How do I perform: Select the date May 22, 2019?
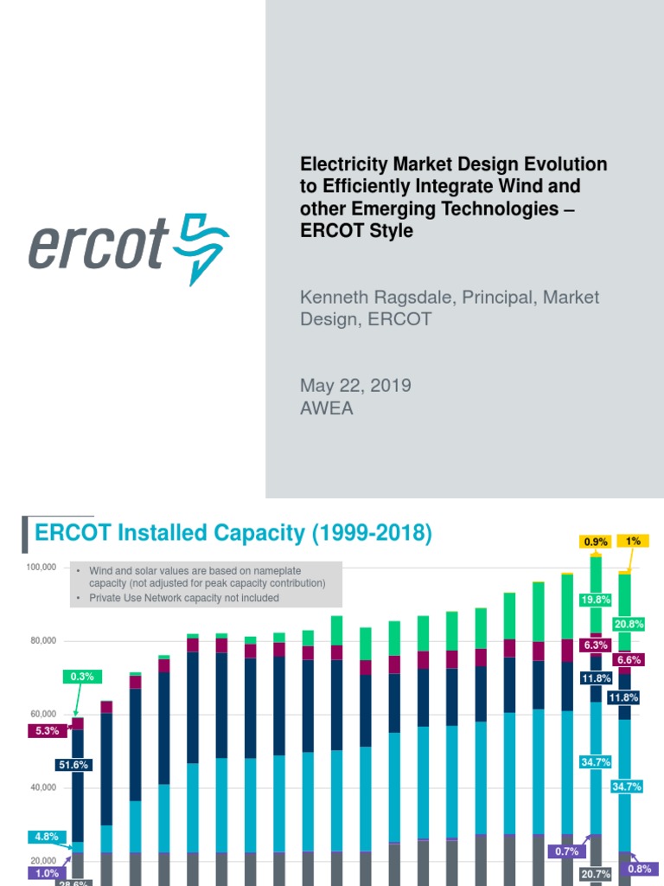(x=355, y=386)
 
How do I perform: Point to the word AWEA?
(x=327, y=408)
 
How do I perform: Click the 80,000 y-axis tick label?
(x=42, y=640)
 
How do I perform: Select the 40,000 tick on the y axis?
(x=42, y=787)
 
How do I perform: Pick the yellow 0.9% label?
(x=595, y=543)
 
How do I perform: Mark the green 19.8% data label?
(x=596, y=600)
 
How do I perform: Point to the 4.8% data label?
(x=46, y=837)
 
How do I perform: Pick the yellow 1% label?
(x=633, y=541)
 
